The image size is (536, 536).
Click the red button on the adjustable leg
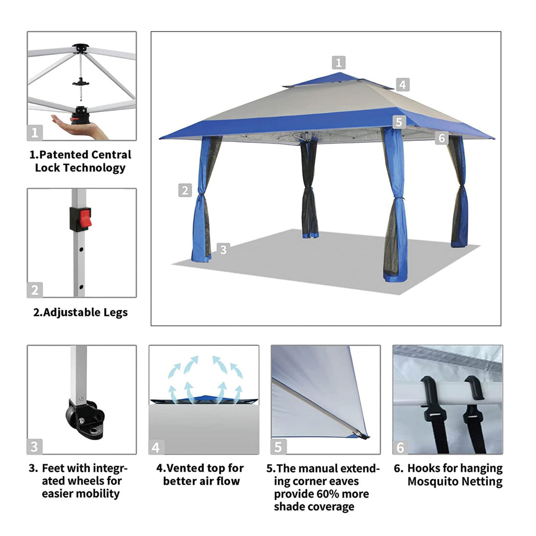coord(85,219)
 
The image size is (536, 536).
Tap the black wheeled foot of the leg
coord(85,419)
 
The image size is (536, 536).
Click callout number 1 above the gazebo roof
coord(338,63)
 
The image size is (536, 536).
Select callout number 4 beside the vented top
coord(402,84)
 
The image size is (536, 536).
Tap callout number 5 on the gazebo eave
coord(399,122)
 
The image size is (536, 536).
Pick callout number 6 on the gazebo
coord(442,138)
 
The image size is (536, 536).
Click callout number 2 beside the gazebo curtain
coord(185,190)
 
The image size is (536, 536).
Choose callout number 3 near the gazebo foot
coord(223,250)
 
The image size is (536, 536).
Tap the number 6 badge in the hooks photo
coord(401,448)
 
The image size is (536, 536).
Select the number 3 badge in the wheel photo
coord(35,447)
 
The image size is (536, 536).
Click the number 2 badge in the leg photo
coord(35,290)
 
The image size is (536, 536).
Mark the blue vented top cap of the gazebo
coord(338,81)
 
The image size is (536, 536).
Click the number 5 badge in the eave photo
coord(278,447)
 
